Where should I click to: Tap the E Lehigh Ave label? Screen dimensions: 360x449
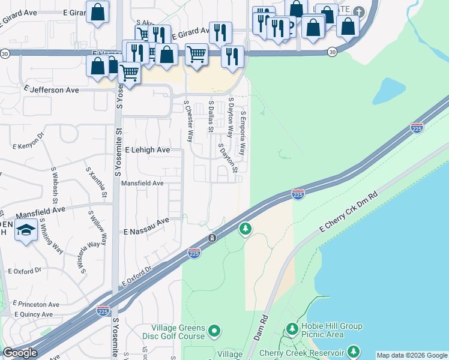[x=147, y=150]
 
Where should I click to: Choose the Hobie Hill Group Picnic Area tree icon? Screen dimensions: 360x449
[x=292, y=329]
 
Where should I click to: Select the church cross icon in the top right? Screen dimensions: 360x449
[x=359, y=12]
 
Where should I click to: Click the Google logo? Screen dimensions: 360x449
[x=20, y=353]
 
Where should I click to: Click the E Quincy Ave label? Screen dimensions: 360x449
[x=35, y=314]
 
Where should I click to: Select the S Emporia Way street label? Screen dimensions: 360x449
[x=243, y=133]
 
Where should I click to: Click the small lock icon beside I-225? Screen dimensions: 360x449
[x=212, y=239]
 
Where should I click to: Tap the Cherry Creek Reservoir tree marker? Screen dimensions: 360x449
[x=354, y=352]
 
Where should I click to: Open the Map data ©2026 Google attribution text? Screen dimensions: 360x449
[x=412, y=355]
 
